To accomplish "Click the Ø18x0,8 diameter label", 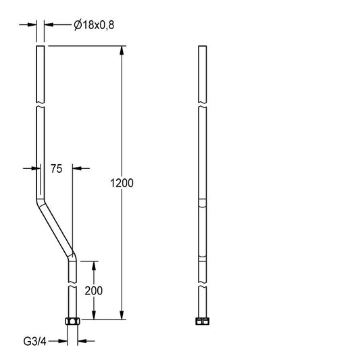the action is click(x=94, y=25).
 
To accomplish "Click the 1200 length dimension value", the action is click(x=122, y=183).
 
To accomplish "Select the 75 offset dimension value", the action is click(x=57, y=169).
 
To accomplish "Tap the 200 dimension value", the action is click(x=94, y=290).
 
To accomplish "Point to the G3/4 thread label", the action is click(x=35, y=341).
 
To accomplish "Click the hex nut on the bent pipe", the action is click(x=72, y=321).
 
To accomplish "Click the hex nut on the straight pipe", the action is click(x=202, y=322).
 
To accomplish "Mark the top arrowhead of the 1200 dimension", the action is click(x=122, y=50).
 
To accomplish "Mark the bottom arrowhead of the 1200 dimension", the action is click(x=122, y=315).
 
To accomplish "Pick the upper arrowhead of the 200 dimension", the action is click(x=94, y=265).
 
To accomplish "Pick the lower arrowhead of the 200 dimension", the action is click(x=94, y=315).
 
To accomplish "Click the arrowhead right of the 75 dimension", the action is click(x=77, y=169).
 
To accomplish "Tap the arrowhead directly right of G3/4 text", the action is click(x=82, y=341).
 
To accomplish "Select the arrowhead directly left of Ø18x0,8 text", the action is click(x=49, y=24).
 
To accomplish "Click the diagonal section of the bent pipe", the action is click(x=56, y=230).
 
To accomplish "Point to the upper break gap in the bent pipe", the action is click(x=41, y=105).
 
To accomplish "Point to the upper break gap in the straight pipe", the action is click(x=202, y=105).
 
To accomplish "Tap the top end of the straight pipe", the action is click(x=202, y=46).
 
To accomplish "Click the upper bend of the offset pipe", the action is click(x=41, y=201).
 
